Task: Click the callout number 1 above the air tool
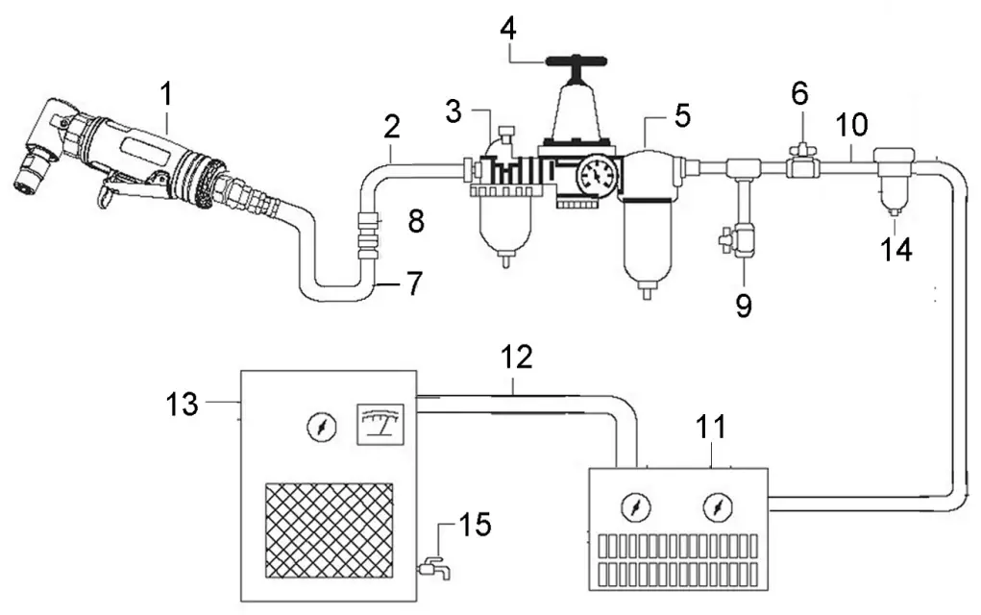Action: (168, 94)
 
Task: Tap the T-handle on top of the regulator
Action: (574, 63)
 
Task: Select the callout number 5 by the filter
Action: (681, 116)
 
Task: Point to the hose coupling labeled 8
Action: (367, 234)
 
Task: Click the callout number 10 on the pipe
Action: (851, 124)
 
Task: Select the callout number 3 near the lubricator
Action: (458, 111)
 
